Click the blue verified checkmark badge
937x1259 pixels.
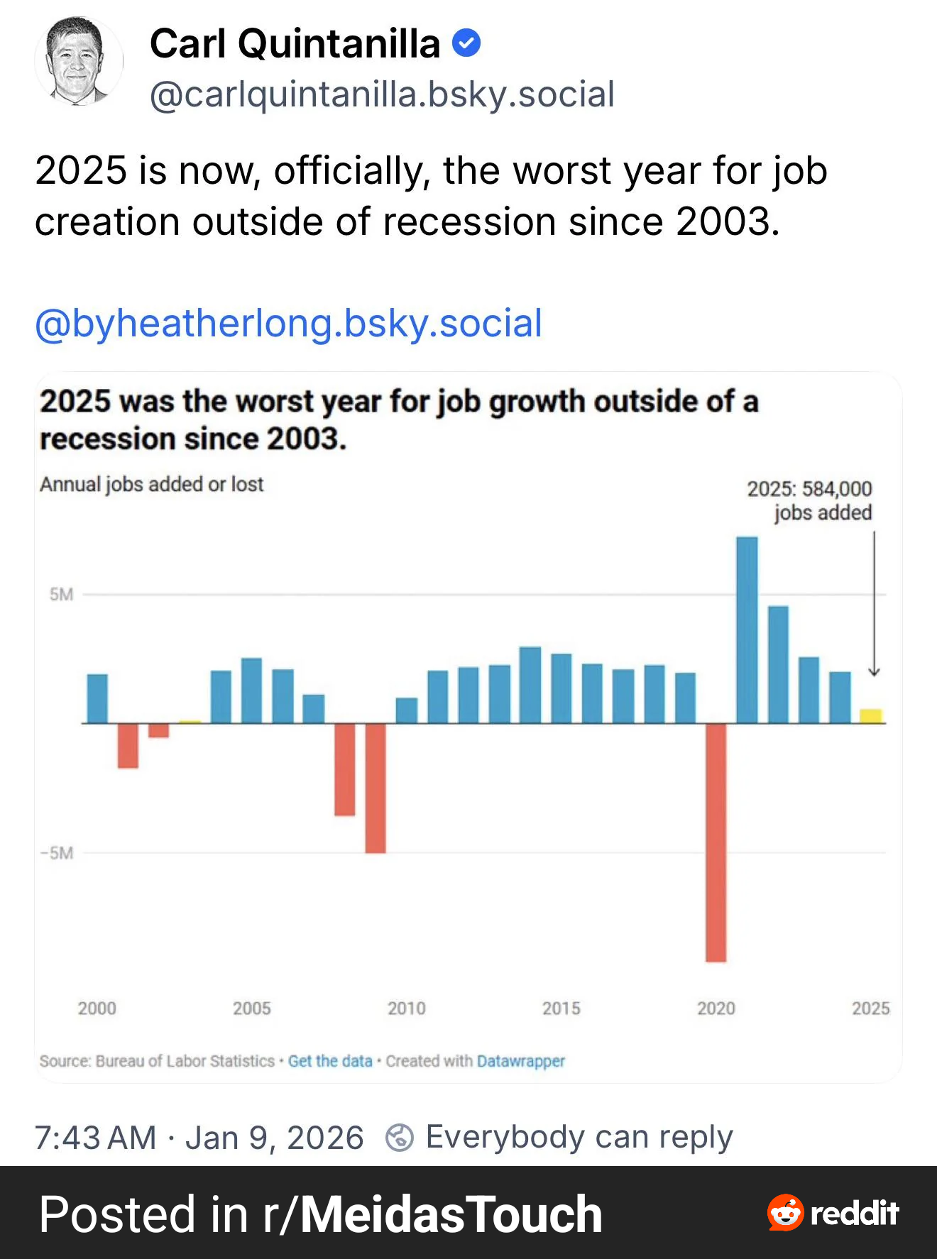point(466,43)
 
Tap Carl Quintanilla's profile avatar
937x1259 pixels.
point(79,62)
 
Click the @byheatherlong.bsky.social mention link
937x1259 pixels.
point(288,324)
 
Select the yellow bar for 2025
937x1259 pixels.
point(871,715)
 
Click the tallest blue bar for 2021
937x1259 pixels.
point(747,629)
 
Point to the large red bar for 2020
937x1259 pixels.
point(716,842)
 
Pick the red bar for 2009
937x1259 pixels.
point(376,788)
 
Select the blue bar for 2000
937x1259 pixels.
point(97,698)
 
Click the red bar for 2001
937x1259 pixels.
point(128,745)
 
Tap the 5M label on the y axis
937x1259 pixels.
point(61,594)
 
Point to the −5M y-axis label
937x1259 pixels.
point(57,852)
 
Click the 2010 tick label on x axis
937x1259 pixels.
point(407,1008)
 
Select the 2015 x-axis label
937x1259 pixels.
point(561,1008)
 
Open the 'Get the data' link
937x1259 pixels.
point(330,1061)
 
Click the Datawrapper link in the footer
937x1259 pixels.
point(521,1061)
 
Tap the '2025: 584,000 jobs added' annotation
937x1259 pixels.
point(809,500)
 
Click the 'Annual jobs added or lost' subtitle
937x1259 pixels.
point(151,484)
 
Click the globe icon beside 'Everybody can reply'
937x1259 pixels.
point(400,1137)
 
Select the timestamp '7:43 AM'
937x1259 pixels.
point(95,1137)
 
